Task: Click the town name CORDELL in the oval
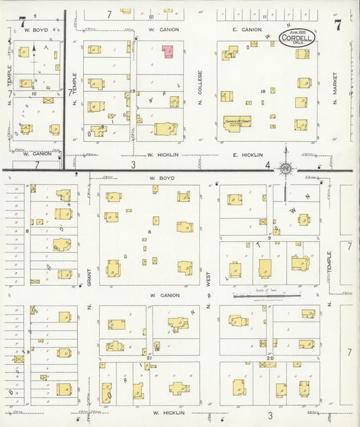pyautogui.click(x=297, y=39)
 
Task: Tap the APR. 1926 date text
pyautogui.click(x=297, y=32)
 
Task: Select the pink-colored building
pyautogui.click(x=167, y=51)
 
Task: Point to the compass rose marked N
pyautogui.click(x=286, y=167)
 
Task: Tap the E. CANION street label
pyautogui.click(x=246, y=30)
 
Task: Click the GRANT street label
pyautogui.click(x=88, y=276)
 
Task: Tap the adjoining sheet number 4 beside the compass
pyautogui.click(x=268, y=165)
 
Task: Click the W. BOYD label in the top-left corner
pyautogui.click(x=34, y=30)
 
